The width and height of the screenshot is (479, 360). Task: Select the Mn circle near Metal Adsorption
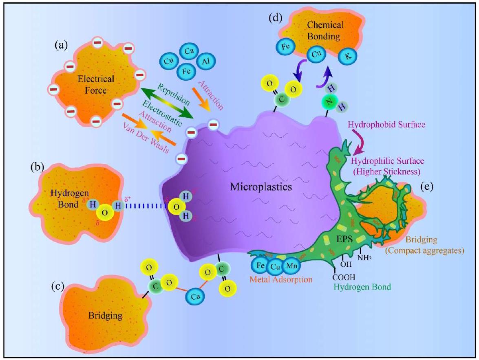290,266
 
